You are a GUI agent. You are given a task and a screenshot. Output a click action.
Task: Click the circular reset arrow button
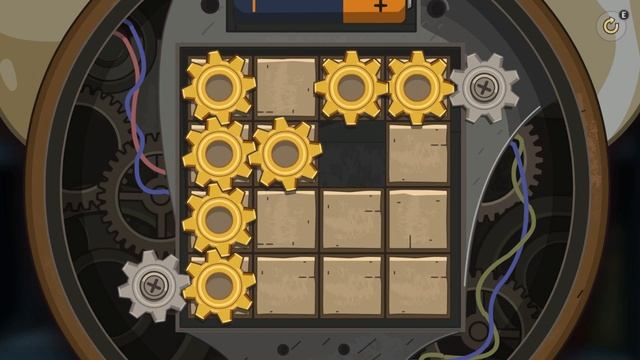coord(611,26)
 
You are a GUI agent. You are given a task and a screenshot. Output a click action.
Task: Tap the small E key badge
coord(624,15)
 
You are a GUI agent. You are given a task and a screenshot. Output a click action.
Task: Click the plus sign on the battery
coord(380,6)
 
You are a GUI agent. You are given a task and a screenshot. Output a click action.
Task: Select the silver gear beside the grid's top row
coord(484,88)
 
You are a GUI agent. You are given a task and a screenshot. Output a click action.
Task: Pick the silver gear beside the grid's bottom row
coord(153,286)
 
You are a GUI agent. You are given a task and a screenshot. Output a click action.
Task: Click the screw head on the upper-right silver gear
coord(484,87)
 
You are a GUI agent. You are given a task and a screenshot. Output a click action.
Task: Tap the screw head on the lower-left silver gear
coord(153,286)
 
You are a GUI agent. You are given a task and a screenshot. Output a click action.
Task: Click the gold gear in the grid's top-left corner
coord(219,87)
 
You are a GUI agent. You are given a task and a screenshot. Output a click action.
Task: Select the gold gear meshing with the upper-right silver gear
coord(418,88)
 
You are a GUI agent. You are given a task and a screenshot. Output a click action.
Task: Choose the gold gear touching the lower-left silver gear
coord(219,286)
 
